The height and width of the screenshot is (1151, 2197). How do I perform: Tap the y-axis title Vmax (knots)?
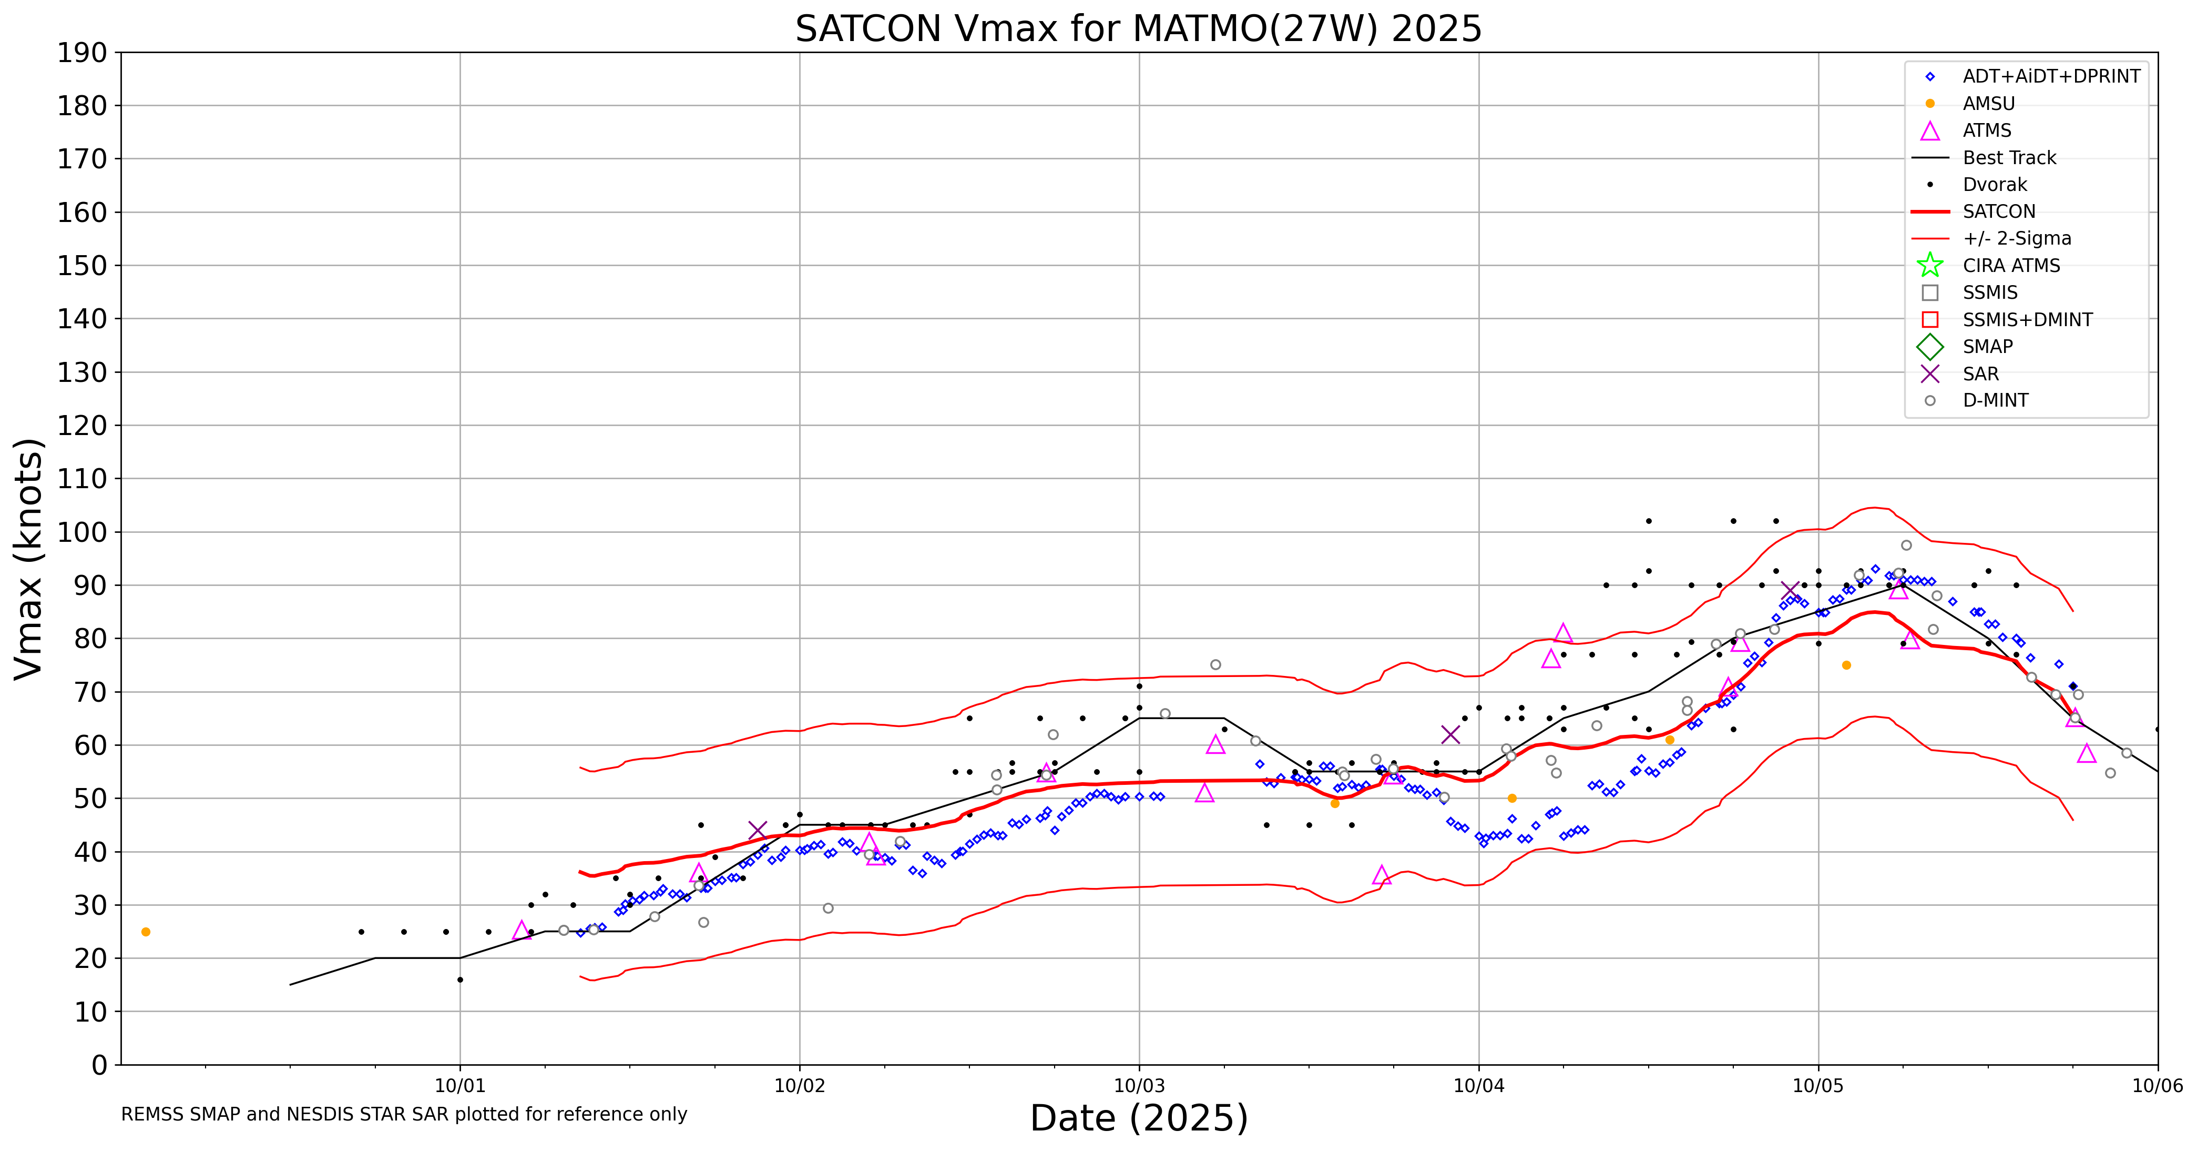point(29,558)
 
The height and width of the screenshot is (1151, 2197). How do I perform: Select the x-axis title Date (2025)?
point(1139,1118)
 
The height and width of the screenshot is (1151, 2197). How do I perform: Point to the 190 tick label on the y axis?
point(82,53)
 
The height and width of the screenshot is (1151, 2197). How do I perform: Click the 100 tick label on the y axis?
point(82,531)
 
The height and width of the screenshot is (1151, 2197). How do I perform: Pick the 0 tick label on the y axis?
point(100,1065)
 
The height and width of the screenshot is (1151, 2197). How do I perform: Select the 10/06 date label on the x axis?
point(2157,1086)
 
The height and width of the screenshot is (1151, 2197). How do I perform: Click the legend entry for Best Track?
point(2008,158)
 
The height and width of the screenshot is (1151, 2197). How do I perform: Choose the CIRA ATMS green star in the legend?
point(1930,265)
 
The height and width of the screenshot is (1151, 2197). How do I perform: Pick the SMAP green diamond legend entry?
point(1930,347)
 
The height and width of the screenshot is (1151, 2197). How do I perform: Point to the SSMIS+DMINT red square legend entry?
point(1930,320)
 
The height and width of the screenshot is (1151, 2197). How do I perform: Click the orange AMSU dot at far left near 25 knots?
point(146,932)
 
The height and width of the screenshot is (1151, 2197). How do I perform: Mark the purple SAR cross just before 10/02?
point(757,830)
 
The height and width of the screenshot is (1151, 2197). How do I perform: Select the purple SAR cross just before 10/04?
point(1450,734)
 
